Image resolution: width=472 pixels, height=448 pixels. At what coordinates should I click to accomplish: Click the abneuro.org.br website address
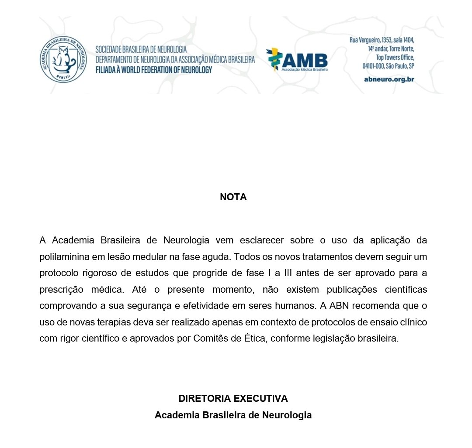(x=389, y=79)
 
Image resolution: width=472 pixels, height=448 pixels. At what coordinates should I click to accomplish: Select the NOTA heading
(x=233, y=197)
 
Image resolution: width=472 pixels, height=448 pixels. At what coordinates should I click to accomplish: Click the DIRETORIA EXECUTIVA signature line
(x=233, y=399)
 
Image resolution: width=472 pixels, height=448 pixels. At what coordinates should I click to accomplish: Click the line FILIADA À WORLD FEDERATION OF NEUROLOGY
(x=153, y=70)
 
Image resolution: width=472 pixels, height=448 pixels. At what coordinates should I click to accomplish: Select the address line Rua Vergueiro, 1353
(x=382, y=40)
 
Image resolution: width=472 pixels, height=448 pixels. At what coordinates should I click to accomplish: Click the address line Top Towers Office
(x=395, y=57)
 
